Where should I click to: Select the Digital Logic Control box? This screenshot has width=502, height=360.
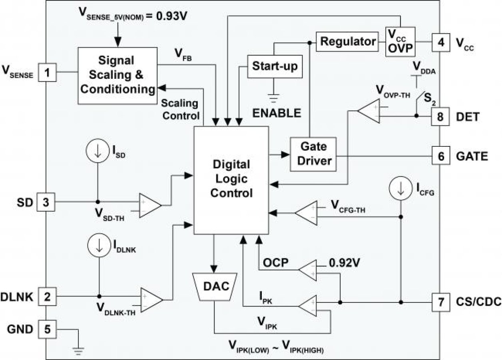(x=231, y=180)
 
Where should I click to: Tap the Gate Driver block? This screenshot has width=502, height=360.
(x=313, y=154)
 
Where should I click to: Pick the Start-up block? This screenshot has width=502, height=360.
(x=275, y=66)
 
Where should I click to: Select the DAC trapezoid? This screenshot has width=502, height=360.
(x=215, y=286)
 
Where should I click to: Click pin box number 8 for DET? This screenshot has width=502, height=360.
(x=440, y=116)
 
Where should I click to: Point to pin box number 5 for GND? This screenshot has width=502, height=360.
(x=47, y=329)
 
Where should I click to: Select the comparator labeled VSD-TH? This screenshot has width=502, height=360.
(x=149, y=205)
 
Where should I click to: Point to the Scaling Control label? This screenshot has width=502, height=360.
(x=179, y=109)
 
